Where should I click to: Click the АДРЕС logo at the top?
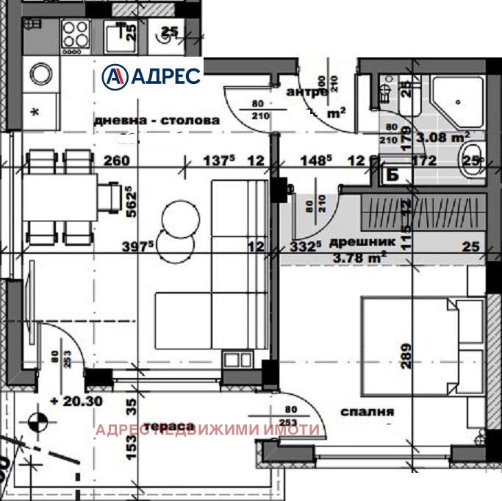pyautogui.click(x=151, y=75)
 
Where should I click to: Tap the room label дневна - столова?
pyautogui.click(x=157, y=119)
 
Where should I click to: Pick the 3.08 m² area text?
pyautogui.click(x=443, y=136)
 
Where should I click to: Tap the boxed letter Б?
pyautogui.click(x=392, y=174)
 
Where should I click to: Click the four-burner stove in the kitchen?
pyautogui.click(x=75, y=34)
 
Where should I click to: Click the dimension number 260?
pyautogui.click(x=116, y=160)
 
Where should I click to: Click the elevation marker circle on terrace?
pyautogui.click(x=37, y=423)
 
